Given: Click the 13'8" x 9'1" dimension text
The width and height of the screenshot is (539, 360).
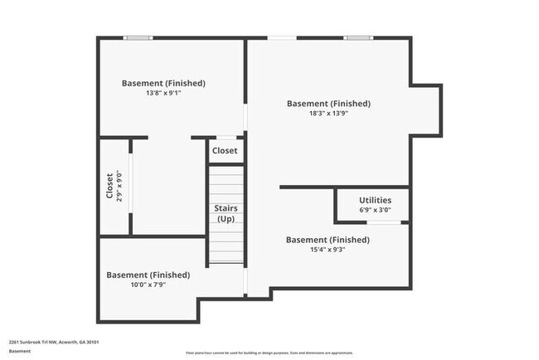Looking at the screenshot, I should click(163, 94).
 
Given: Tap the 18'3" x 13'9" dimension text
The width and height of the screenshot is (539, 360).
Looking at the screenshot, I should click(328, 114).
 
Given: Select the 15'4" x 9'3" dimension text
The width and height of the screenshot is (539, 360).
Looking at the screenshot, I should click(328, 250).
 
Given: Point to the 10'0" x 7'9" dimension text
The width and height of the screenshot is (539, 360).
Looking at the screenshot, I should click(148, 285).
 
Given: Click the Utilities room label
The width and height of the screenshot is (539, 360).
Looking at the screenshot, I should click(375, 201).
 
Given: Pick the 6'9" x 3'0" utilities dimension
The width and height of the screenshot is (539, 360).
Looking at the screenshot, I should click(375, 211).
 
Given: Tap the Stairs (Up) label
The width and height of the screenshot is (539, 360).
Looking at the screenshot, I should click(226, 213).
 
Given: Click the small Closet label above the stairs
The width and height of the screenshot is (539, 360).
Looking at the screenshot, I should click(225, 151).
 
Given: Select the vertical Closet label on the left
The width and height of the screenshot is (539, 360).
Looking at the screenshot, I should click(109, 186).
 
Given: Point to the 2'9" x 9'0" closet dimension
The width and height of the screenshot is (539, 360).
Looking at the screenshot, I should click(119, 186).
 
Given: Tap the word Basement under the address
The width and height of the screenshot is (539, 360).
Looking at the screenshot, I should click(20, 351).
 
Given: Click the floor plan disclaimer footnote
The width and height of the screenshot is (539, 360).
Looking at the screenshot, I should click(269, 353).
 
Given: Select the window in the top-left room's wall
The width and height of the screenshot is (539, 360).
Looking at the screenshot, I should click(138, 37).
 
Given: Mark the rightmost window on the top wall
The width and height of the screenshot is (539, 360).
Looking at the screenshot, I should click(357, 37).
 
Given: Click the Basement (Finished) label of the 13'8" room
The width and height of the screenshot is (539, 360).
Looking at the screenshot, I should click(163, 83).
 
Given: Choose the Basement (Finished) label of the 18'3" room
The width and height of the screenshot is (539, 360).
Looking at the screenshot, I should click(328, 104).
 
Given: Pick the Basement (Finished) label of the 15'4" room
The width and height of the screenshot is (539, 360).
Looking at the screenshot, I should click(328, 240).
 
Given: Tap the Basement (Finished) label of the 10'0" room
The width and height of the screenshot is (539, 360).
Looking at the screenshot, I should click(148, 275).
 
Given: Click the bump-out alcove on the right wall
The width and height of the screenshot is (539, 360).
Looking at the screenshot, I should click(425, 109).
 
